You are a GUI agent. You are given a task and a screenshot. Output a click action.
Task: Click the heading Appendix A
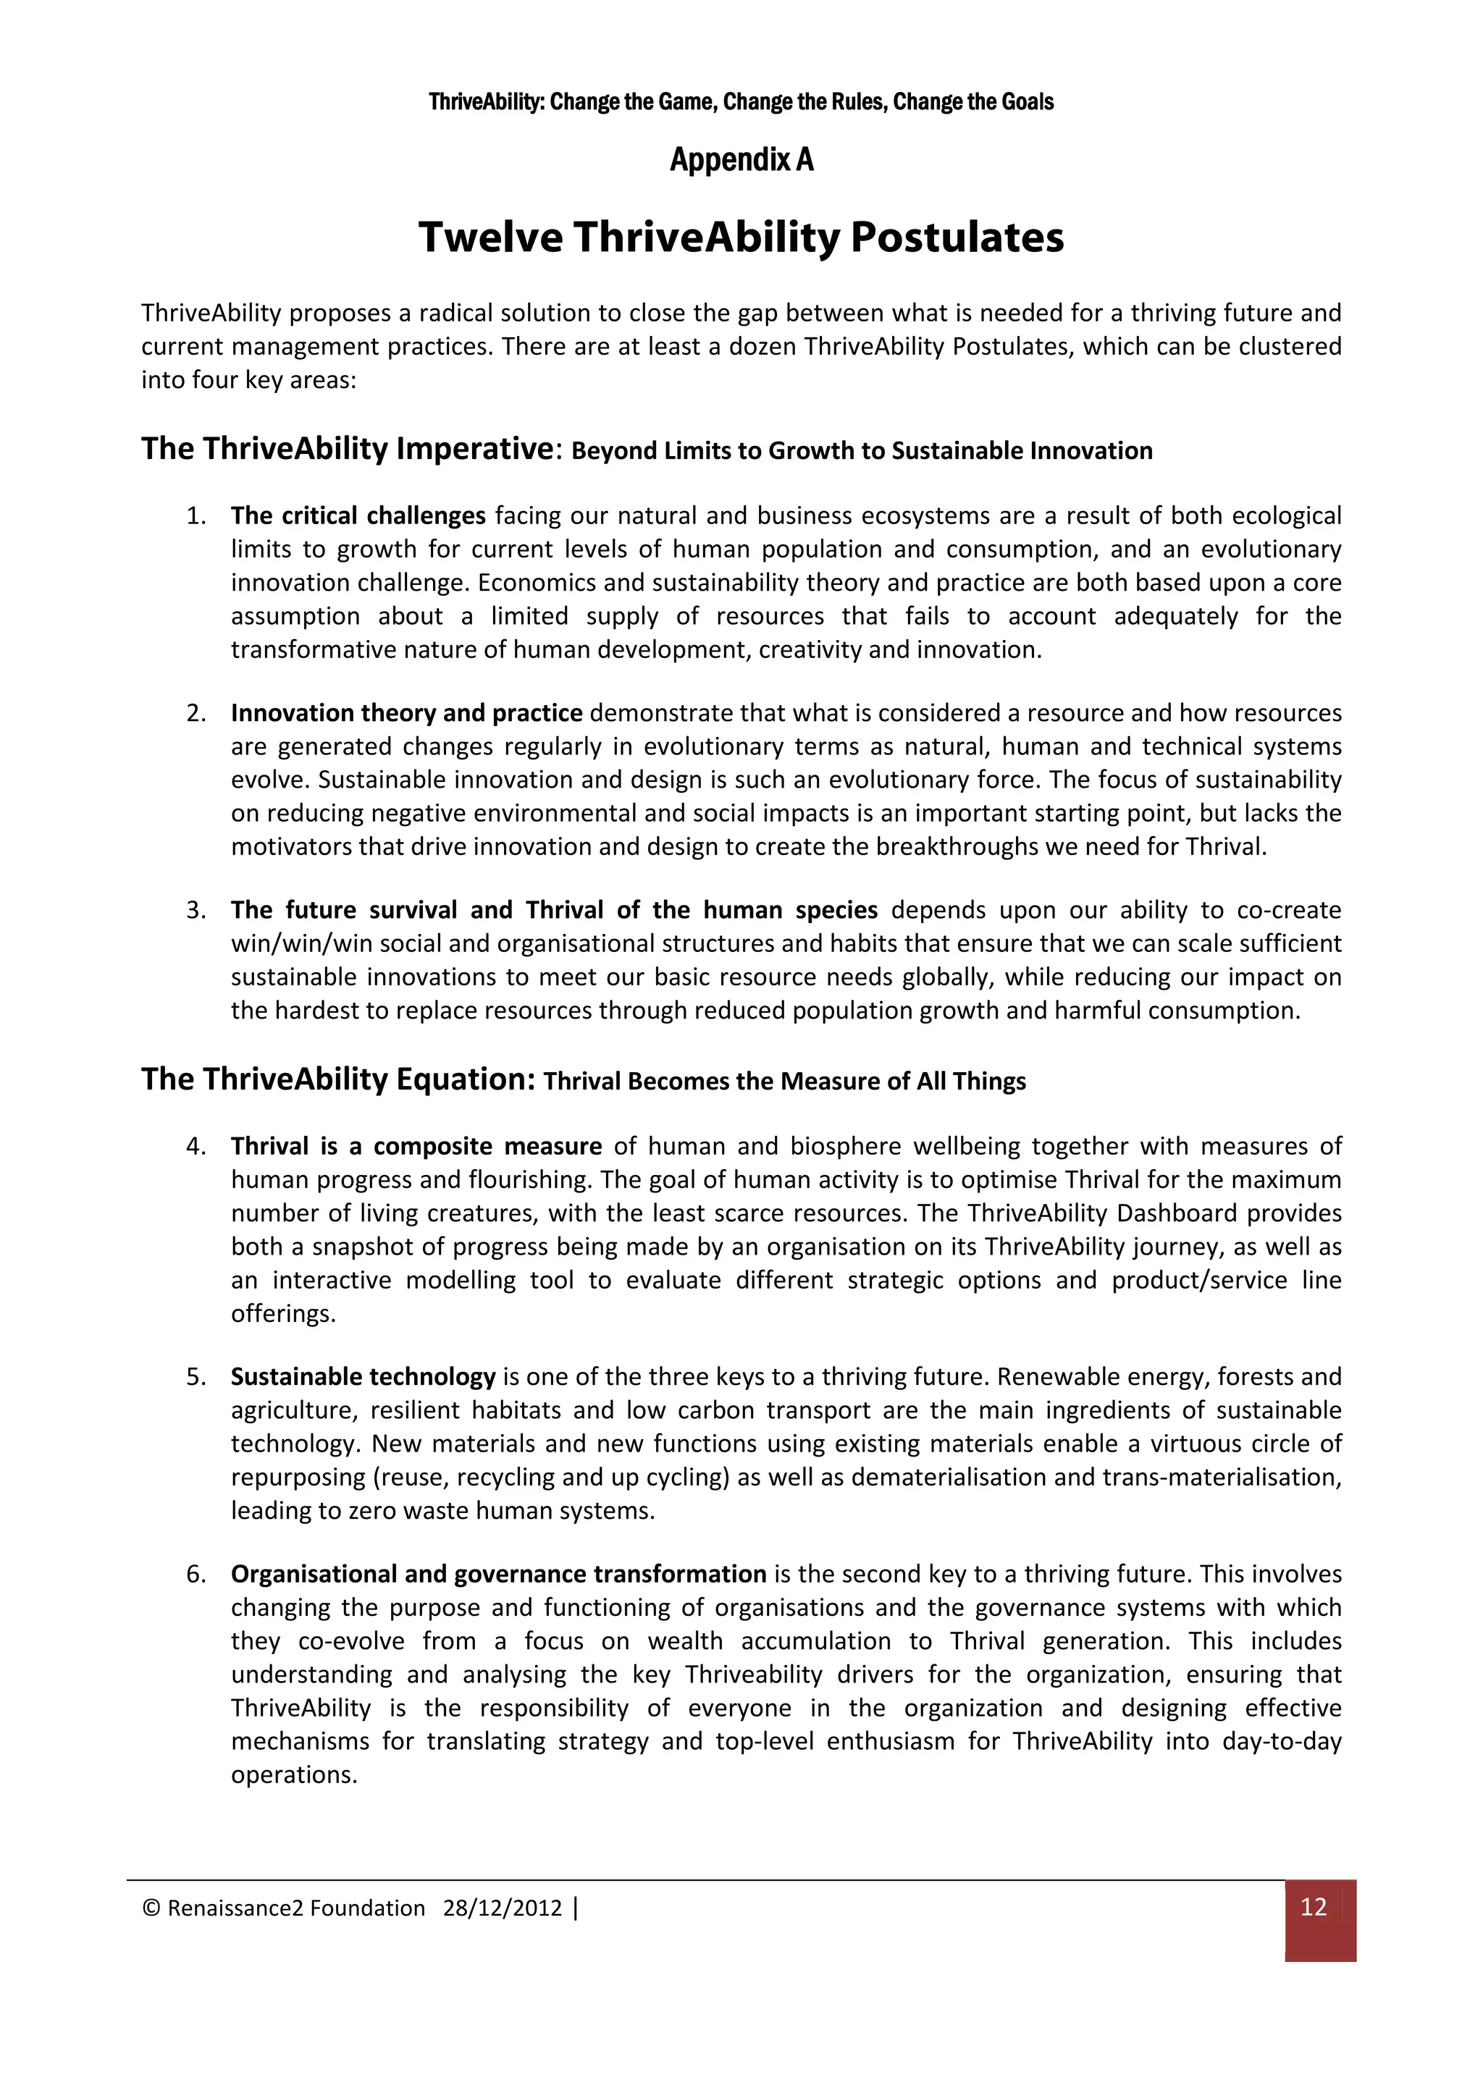coord(741,160)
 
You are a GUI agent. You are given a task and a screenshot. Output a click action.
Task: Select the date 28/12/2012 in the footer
coord(502,1908)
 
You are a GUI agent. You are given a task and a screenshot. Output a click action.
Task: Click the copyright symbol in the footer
coord(151,1908)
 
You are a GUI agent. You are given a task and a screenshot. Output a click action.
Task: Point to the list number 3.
coord(196,910)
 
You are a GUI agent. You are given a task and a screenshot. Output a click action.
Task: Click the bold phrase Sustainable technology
coord(363,1376)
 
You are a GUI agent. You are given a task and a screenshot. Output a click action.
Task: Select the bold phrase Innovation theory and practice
coord(407,713)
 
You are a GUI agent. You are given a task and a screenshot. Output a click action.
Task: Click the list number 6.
coord(196,1574)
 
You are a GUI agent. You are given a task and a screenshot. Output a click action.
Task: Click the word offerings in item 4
coord(283,1313)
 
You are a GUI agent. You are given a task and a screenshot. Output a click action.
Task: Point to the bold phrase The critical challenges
coord(358,515)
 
